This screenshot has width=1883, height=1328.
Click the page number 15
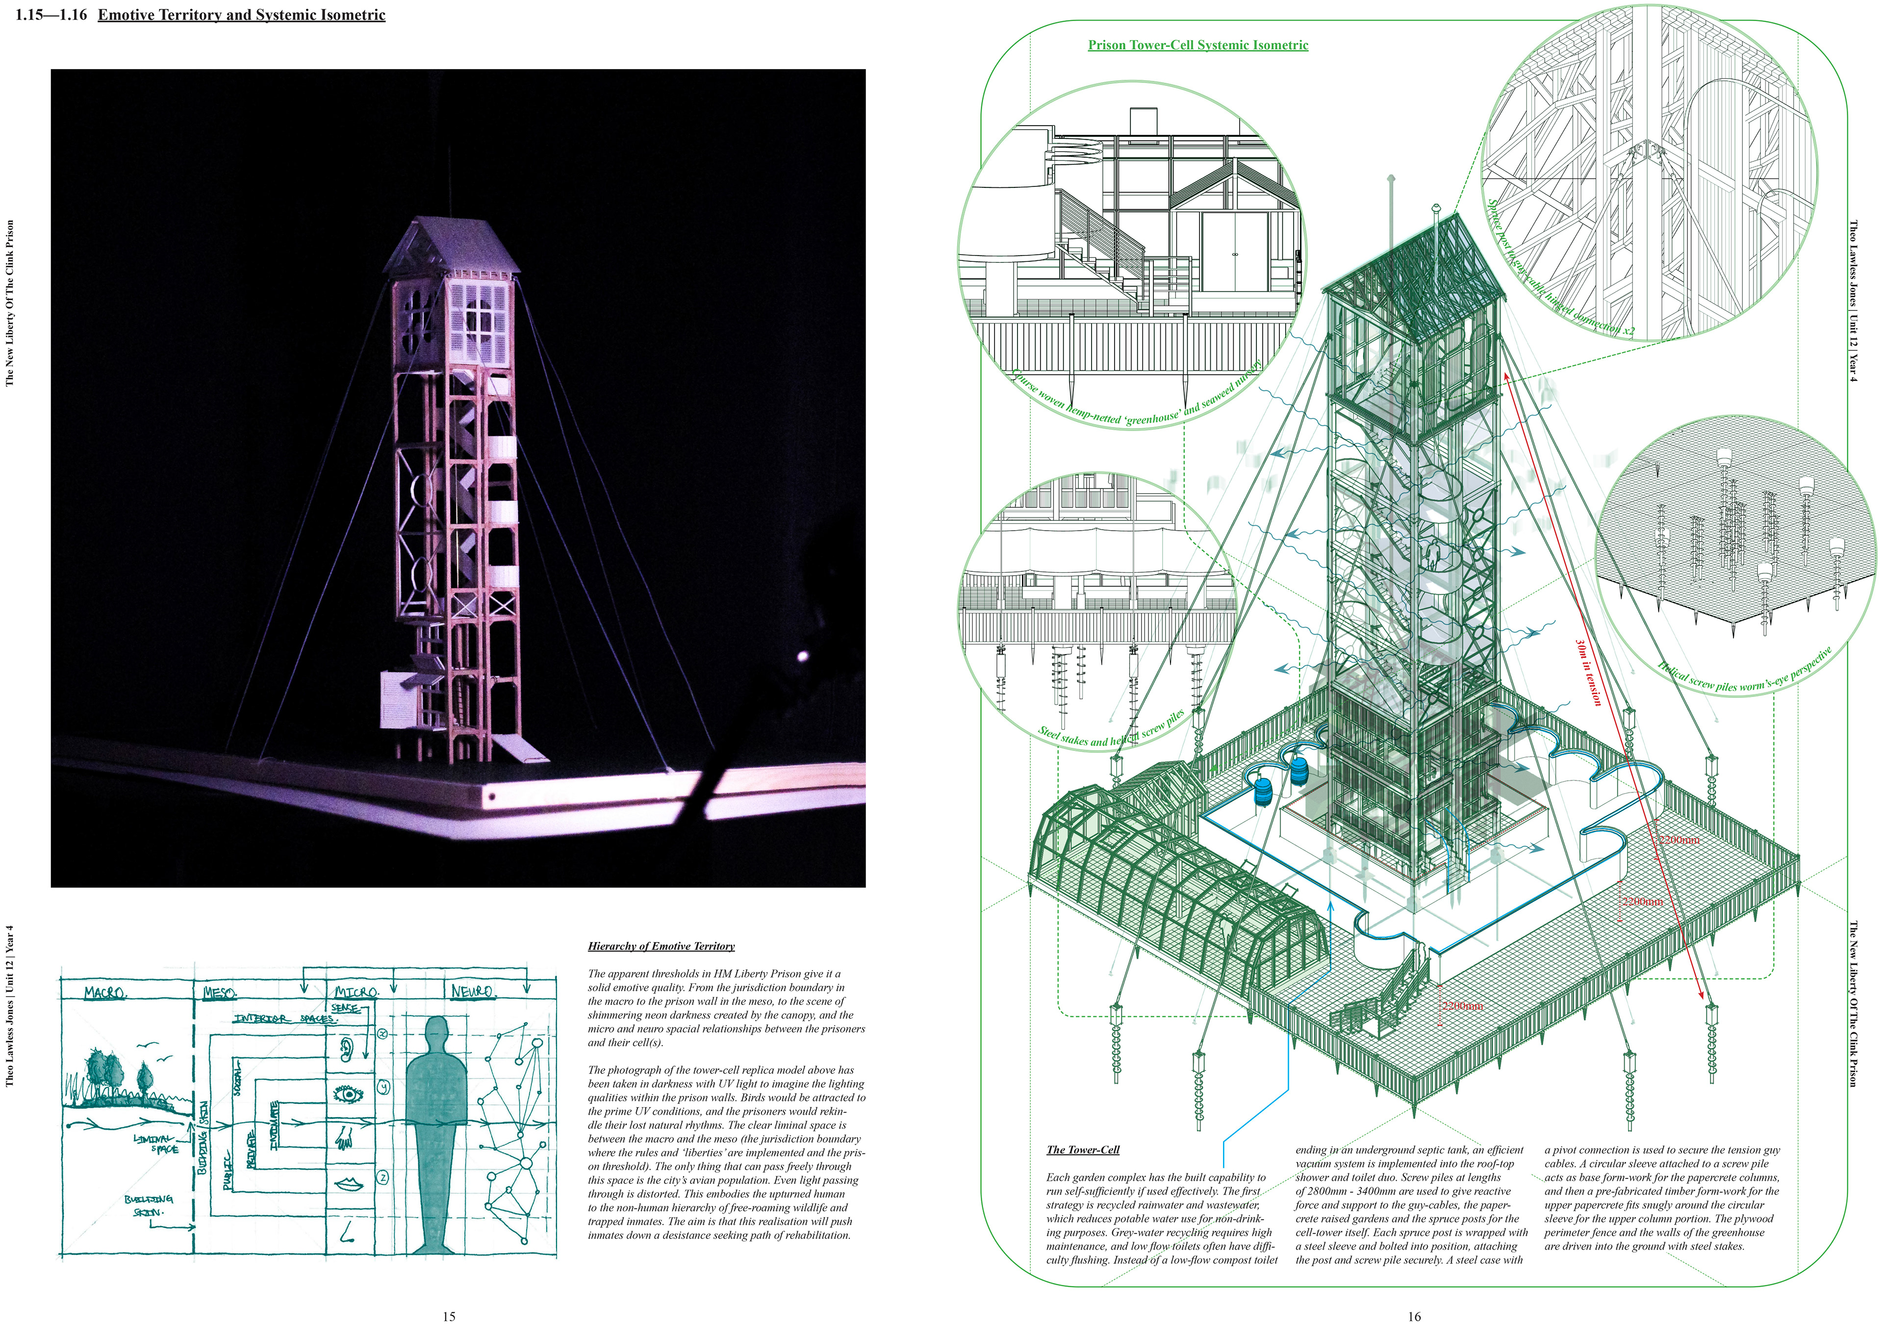point(449,1316)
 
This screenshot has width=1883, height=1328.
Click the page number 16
point(1414,1316)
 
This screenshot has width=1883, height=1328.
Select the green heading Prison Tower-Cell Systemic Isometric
point(1197,45)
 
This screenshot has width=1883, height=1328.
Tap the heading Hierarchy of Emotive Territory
point(661,946)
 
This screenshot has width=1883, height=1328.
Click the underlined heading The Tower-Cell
point(1083,1149)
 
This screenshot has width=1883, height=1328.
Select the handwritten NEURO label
point(472,992)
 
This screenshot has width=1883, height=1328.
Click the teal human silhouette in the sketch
point(437,1132)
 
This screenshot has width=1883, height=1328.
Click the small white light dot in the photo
point(803,655)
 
